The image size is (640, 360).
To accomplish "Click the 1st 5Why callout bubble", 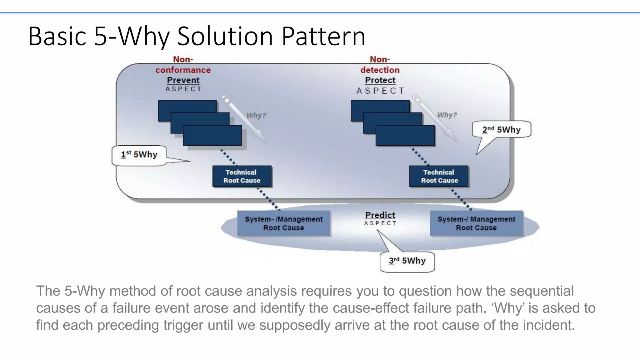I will coord(139,155).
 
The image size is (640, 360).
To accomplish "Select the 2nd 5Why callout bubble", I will coord(501,129).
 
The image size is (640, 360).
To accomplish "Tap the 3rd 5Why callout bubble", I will coord(407,261).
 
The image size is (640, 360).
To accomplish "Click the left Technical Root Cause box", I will coord(242,176).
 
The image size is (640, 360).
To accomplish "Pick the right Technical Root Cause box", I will coord(439,176).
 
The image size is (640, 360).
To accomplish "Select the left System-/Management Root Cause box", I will coord(283,223).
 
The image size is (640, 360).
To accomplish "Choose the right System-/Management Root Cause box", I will coord(476,223).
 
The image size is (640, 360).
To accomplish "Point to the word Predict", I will coord(380,215).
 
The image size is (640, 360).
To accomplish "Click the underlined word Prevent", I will coord(183,80).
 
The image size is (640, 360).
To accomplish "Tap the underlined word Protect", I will coord(380,80).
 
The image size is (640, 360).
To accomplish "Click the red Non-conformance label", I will coord(183,65).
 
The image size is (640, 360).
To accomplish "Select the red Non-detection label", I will coord(380,65).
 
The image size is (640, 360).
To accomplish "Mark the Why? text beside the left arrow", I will coord(256,116).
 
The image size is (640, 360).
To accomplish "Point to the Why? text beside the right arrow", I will coord(447,115).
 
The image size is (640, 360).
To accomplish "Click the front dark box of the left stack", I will coord(212,135).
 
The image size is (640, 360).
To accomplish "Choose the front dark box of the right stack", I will coord(405,135).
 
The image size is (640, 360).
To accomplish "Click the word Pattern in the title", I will coord(323,37).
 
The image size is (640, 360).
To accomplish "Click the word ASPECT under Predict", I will coord(380,223).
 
